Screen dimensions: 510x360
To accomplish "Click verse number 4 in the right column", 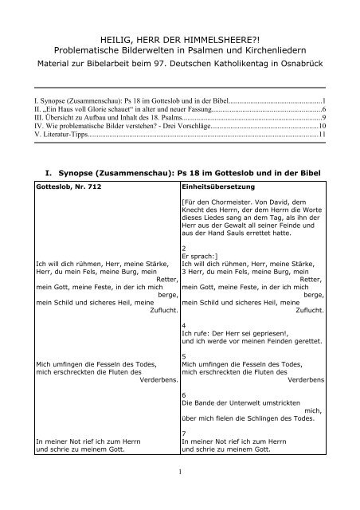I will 183,326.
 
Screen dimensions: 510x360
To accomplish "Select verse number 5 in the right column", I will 183,356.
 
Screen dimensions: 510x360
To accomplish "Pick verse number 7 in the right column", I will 183,433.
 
